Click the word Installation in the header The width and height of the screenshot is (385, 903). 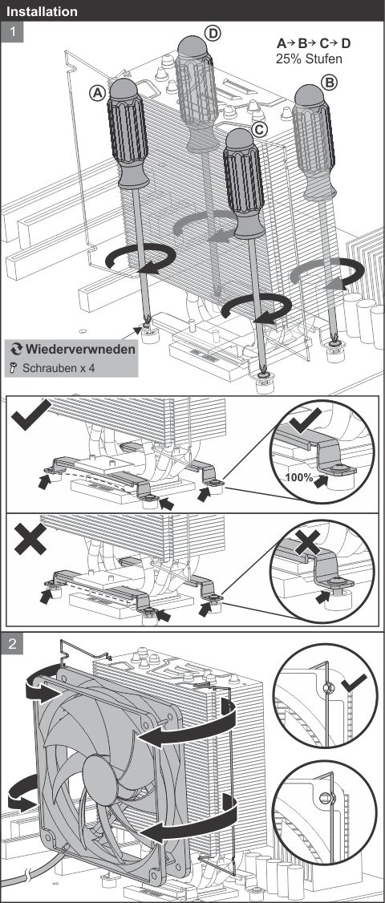click(x=42, y=11)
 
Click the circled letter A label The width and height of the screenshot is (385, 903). click(x=98, y=92)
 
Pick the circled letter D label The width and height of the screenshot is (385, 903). click(x=213, y=34)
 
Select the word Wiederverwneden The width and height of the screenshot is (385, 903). click(x=81, y=349)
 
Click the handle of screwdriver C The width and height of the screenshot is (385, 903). click(x=243, y=184)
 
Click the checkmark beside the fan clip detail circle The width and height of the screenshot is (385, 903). click(x=354, y=684)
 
